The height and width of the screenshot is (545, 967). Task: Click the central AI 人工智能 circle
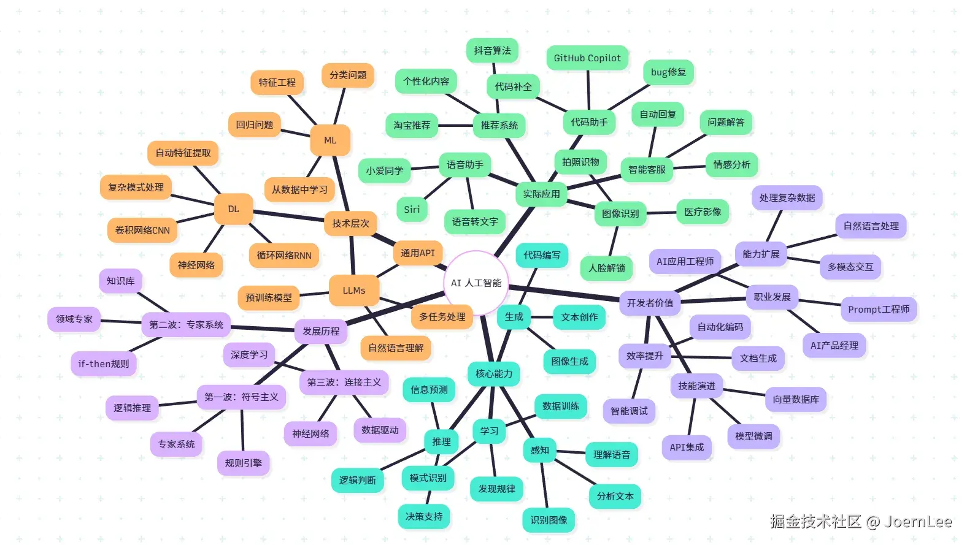(x=476, y=283)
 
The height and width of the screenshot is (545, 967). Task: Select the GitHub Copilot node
(x=587, y=58)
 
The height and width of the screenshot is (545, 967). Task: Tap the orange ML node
(x=330, y=140)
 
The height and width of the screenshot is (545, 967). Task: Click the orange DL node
(x=234, y=208)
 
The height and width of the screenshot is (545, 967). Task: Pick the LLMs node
(x=354, y=290)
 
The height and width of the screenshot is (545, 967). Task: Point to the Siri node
(x=412, y=209)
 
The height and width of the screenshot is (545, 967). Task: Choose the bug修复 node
(x=668, y=72)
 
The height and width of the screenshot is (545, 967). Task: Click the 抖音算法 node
(x=492, y=50)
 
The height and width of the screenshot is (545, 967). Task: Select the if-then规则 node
(x=104, y=364)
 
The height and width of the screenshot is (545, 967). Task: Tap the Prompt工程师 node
(x=879, y=309)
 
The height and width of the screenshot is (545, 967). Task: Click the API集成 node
(x=687, y=447)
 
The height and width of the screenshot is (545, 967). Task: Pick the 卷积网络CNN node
(x=142, y=231)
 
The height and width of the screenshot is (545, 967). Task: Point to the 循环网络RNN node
(x=284, y=255)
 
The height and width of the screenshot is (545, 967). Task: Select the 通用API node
(x=418, y=253)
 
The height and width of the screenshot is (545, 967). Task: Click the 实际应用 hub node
(x=541, y=194)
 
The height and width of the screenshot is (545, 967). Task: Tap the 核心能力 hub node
(x=494, y=373)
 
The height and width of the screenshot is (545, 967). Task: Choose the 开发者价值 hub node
(x=650, y=303)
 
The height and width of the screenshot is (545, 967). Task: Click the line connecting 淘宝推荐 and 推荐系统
(x=455, y=126)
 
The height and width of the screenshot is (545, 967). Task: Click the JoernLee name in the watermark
(x=918, y=522)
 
